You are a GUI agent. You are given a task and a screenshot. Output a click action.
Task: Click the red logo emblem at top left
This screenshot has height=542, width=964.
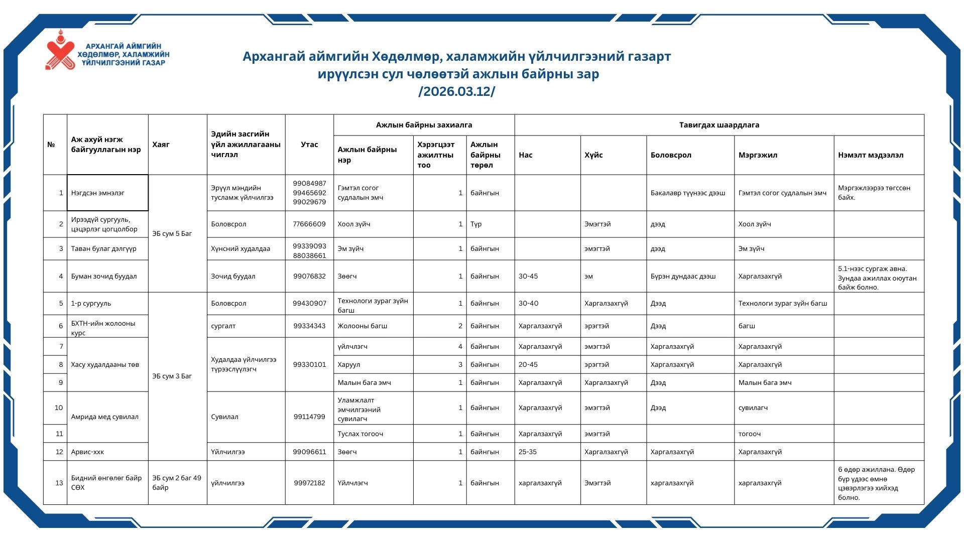tap(60, 50)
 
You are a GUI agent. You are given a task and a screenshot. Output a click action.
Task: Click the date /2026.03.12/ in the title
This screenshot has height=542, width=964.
tap(456, 92)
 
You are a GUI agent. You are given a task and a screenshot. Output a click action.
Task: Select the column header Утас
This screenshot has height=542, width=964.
tap(309, 145)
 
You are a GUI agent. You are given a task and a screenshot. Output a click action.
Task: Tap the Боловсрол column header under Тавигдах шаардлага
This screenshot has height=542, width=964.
tap(671, 155)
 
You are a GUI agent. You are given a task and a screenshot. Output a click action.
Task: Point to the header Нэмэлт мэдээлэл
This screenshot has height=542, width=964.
tap(870, 155)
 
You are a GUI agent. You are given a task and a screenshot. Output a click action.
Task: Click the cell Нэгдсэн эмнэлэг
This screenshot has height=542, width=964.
tap(98, 193)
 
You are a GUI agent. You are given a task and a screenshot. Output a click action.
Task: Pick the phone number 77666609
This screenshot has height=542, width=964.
tap(309, 224)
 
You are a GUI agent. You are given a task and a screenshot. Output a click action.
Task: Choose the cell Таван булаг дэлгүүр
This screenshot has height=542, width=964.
tap(103, 248)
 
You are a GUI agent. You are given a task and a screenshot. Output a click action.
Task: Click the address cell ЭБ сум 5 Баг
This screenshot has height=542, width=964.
tap(172, 233)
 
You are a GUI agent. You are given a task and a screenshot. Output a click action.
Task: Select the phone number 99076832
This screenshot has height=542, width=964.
tap(309, 276)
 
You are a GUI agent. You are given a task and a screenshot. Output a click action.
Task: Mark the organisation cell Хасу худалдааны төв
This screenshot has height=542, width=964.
tap(105, 364)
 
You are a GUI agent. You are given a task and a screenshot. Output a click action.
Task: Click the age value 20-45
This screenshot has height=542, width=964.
tap(528, 364)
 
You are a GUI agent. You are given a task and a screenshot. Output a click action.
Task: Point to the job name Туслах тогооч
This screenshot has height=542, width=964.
tap(360, 434)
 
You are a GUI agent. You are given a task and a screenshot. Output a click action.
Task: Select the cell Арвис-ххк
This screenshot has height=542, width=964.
tap(87, 452)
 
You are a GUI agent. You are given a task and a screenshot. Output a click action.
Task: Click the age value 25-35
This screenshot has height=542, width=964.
tap(527, 452)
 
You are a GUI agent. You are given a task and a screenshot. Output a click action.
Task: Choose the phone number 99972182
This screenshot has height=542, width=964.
tap(309, 483)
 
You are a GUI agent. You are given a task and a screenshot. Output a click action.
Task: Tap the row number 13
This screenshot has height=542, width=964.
tap(59, 483)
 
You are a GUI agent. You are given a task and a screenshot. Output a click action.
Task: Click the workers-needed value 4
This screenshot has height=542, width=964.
tap(460, 346)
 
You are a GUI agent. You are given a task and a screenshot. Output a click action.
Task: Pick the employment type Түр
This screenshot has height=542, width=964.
tap(476, 224)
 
